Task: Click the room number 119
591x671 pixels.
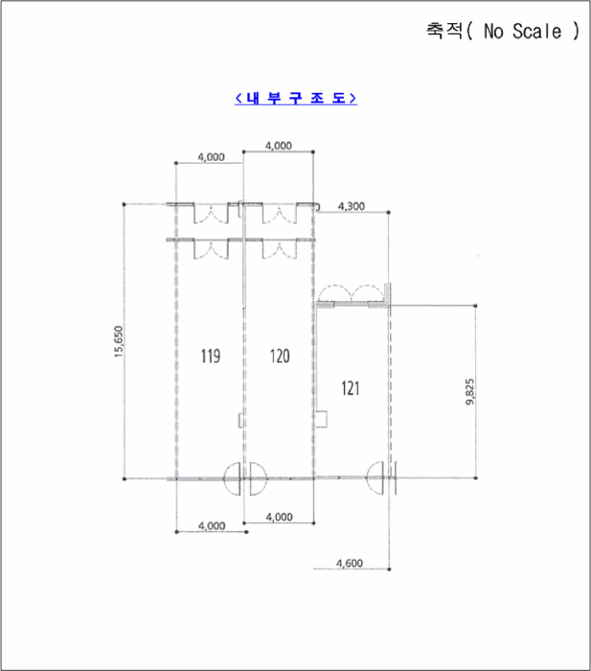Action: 211,356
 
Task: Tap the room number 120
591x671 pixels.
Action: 280,356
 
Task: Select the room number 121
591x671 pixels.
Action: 351,388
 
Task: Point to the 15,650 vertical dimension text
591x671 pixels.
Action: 119,341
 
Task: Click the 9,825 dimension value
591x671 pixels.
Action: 470,391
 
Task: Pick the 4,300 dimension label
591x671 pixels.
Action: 352,206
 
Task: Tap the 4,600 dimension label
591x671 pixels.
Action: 350,564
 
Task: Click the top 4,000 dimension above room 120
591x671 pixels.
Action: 279,146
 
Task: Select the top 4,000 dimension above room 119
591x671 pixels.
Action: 211,157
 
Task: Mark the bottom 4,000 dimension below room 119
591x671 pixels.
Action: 212,526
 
